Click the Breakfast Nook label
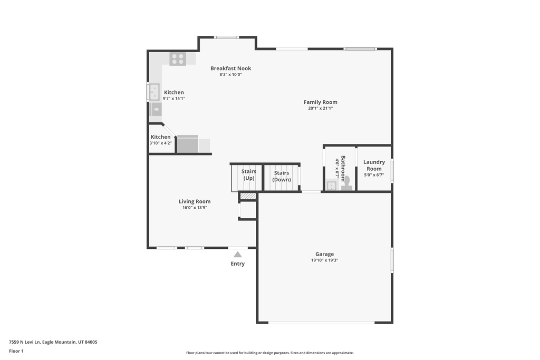231,68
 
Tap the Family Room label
320,102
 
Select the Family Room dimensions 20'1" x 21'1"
320,109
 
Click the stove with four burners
178,59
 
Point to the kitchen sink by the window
154,92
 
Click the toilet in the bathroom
347,183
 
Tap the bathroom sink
331,186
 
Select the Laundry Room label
374,165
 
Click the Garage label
324,255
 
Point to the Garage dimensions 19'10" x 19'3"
324,260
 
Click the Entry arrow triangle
238,255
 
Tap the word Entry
238,264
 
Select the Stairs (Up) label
249,174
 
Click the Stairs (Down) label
282,176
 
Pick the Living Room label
195,202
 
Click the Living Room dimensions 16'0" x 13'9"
195,208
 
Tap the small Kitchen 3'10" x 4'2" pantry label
160,140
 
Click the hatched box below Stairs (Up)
248,196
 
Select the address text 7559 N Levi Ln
24,342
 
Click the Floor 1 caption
16,351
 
